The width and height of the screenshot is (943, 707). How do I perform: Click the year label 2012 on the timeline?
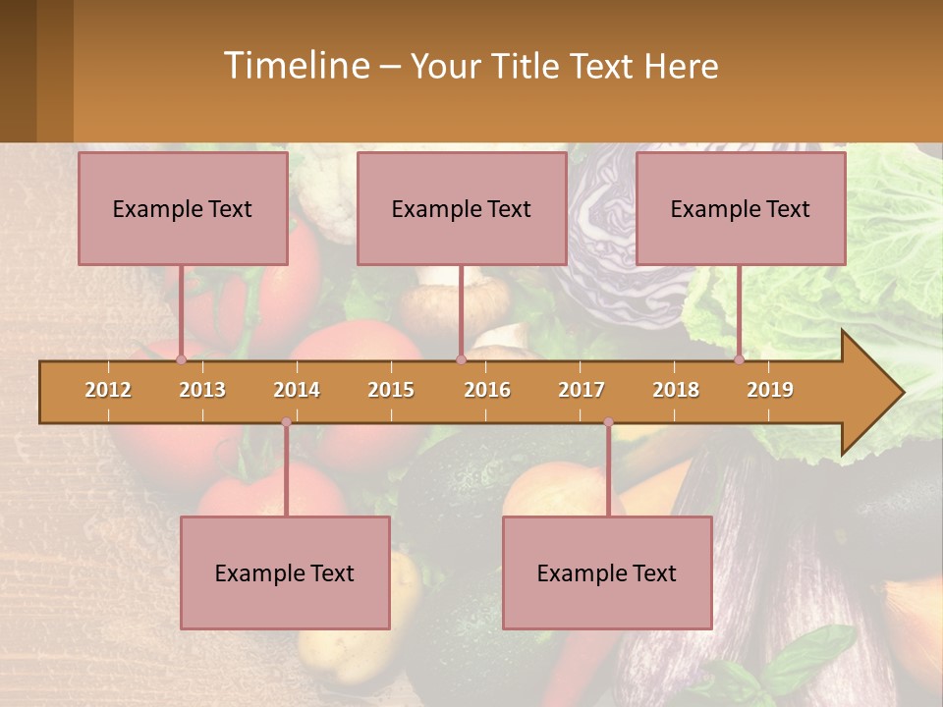click(108, 390)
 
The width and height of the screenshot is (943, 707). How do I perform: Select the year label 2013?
click(202, 390)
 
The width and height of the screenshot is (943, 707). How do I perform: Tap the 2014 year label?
click(297, 390)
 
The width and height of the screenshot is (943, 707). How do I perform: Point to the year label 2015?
click(391, 390)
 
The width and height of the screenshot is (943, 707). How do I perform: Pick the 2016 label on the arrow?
click(487, 390)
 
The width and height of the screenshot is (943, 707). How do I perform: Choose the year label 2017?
click(582, 390)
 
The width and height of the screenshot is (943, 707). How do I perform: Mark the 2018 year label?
click(676, 390)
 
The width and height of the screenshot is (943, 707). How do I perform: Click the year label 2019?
click(770, 390)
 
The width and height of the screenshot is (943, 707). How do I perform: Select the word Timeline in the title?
click(295, 66)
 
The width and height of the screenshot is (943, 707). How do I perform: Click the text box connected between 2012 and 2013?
click(183, 208)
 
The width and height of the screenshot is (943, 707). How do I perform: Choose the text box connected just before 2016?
click(462, 208)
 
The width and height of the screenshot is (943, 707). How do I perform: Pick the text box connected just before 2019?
click(741, 208)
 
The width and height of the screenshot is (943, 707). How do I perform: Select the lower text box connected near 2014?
click(285, 572)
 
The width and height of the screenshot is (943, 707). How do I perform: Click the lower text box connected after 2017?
click(607, 572)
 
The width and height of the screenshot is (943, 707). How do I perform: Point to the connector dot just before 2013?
click(181, 359)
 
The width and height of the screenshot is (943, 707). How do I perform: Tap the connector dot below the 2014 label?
click(286, 422)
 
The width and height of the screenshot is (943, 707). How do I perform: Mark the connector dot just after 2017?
click(608, 422)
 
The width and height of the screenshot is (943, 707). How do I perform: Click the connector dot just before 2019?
click(740, 359)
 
